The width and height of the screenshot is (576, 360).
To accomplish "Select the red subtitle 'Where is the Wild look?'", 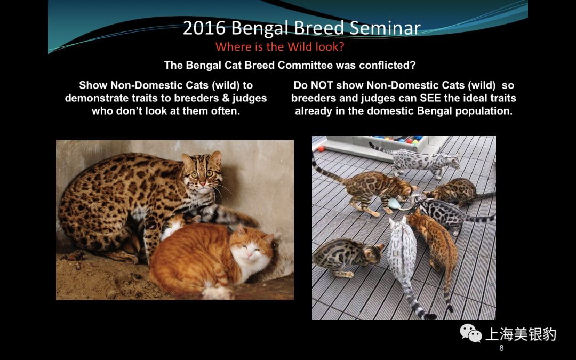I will (x=279, y=46).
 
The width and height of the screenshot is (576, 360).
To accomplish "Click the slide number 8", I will (x=501, y=348).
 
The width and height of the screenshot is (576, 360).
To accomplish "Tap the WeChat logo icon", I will (x=471, y=334).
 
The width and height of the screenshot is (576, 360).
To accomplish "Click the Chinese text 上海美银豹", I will (x=520, y=334).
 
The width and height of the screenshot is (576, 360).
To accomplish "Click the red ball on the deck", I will (x=321, y=148).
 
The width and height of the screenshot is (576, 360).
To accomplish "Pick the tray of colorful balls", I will (x=397, y=143).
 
